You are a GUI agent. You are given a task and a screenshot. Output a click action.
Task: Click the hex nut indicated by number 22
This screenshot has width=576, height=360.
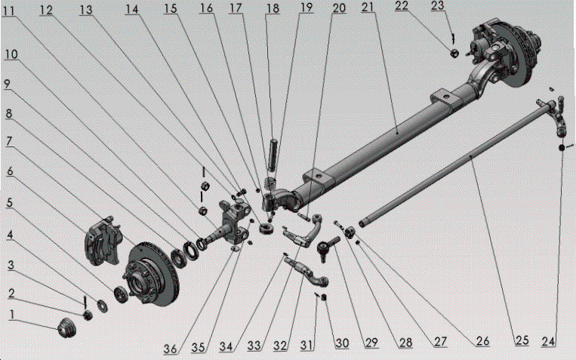click(x=454, y=54)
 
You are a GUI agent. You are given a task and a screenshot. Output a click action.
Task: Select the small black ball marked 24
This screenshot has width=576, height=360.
click(x=563, y=148)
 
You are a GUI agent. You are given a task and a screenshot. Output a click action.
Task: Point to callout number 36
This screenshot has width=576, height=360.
click(x=171, y=348)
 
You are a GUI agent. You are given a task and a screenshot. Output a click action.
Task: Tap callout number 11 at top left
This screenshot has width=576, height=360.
click(x=9, y=10)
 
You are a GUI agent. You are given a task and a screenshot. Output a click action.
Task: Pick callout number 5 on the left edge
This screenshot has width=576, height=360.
click(x=10, y=204)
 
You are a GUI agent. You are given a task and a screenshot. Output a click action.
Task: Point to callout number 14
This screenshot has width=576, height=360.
click(x=133, y=10)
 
